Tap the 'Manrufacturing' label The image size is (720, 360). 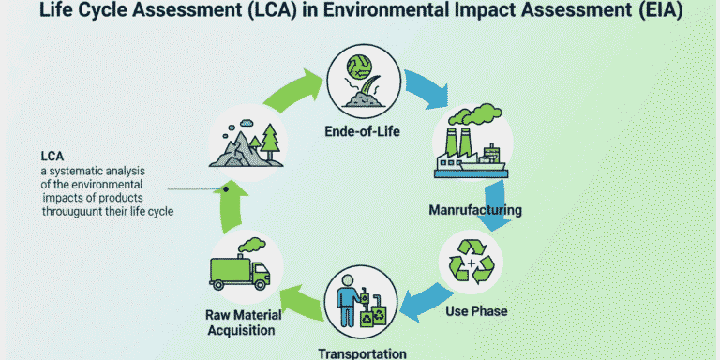474,208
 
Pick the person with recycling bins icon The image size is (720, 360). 359,303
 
